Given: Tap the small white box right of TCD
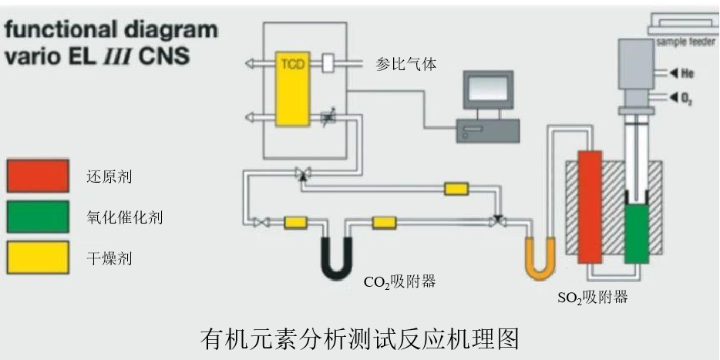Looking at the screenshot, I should tap(328, 64).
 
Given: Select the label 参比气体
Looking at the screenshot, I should tap(405, 64).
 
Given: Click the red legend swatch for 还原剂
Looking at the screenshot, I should tap(38, 177).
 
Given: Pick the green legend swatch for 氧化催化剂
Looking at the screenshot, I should tap(38, 217).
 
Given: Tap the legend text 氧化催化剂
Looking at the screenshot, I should tap(124, 217).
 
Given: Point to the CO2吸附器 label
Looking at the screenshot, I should tap(399, 282).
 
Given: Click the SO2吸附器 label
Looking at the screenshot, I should tap(592, 297).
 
